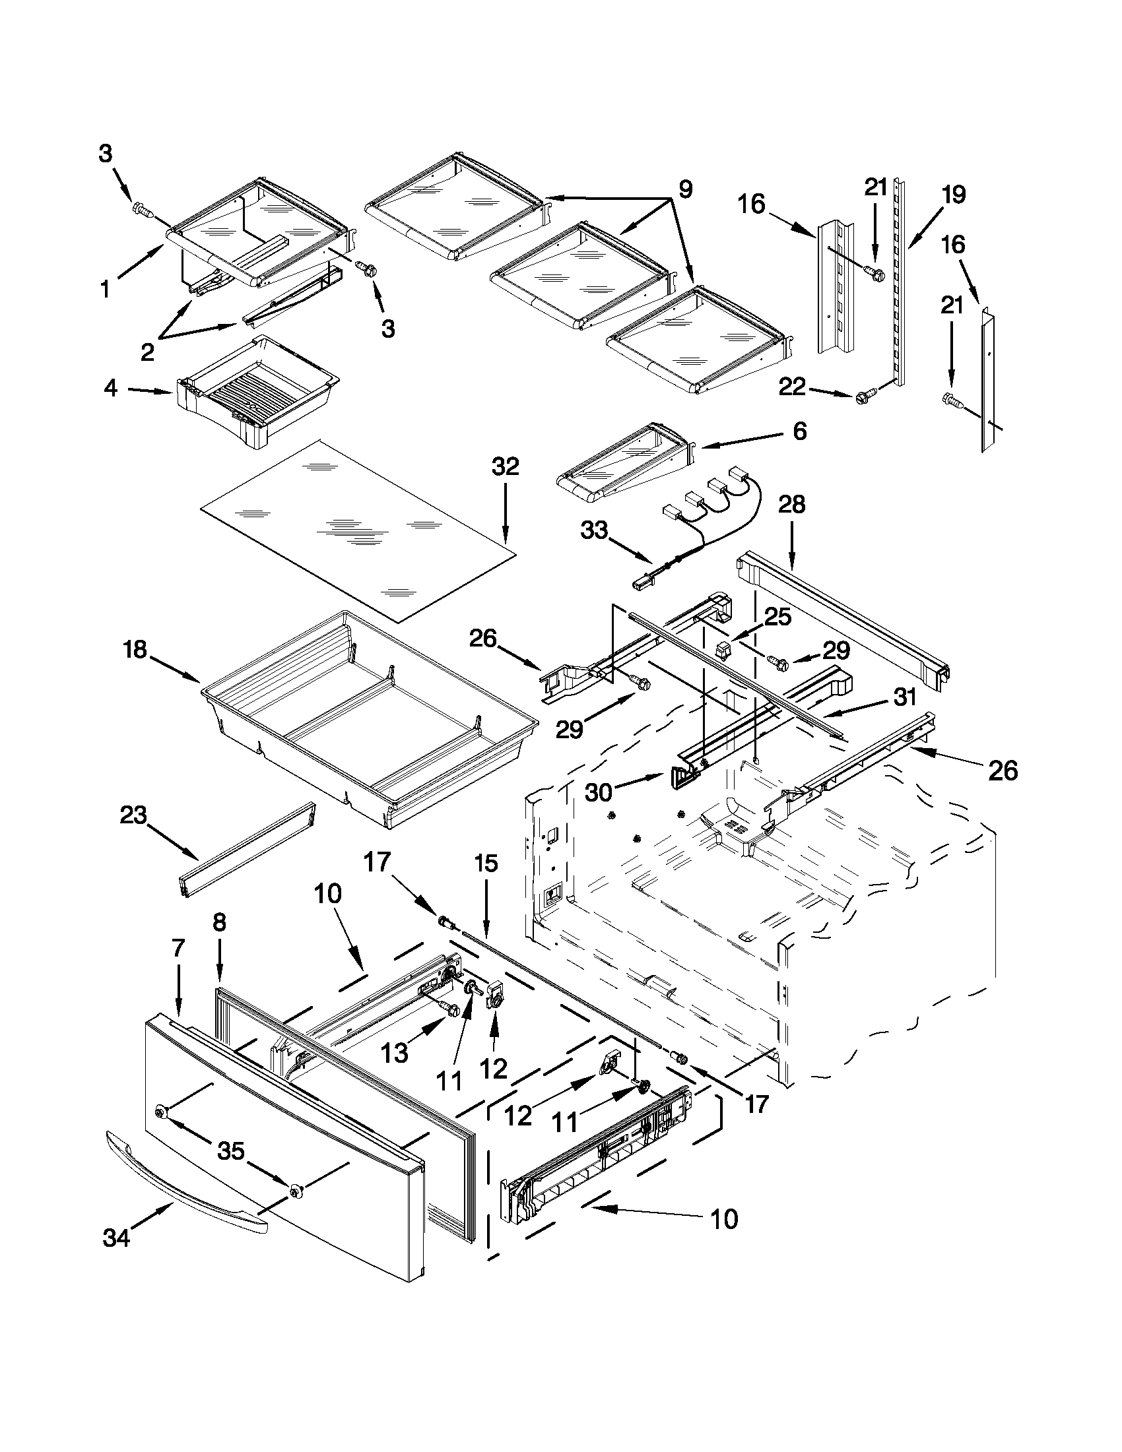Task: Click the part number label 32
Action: tap(505, 466)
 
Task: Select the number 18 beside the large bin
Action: tap(135, 650)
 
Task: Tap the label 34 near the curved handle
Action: tap(116, 1239)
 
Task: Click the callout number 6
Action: tap(800, 431)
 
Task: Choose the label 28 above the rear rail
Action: tap(791, 505)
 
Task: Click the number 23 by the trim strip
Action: tap(133, 815)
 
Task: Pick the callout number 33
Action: tap(594, 530)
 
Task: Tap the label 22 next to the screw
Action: tap(792, 387)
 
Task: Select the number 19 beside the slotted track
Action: tap(954, 195)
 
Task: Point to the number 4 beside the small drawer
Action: tap(111, 388)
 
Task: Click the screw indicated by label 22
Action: tap(863, 398)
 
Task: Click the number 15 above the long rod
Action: tap(486, 864)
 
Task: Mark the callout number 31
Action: tap(904, 697)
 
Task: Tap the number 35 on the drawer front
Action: tap(231, 1150)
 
